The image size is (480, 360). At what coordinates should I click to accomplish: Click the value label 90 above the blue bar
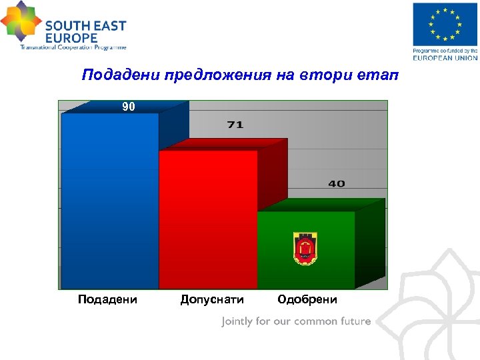(x=128, y=107)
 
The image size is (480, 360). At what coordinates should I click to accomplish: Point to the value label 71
(x=235, y=125)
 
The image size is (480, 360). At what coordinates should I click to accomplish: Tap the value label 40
(x=336, y=183)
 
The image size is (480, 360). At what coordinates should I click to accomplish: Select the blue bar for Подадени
(x=110, y=200)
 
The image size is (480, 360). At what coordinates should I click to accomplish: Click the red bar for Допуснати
(x=208, y=220)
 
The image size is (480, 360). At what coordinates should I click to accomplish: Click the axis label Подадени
(x=108, y=299)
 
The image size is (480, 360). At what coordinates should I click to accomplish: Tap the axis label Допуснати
(x=212, y=299)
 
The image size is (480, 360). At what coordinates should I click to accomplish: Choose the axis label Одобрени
(x=307, y=299)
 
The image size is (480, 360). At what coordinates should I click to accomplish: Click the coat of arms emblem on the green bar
(x=305, y=247)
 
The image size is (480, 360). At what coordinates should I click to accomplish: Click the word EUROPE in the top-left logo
(x=71, y=38)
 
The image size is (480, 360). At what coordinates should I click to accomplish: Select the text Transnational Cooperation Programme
(x=73, y=47)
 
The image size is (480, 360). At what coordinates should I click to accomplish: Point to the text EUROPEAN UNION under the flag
(x=445, y=57)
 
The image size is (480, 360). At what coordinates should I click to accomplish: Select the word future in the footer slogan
(x=353, y=321)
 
